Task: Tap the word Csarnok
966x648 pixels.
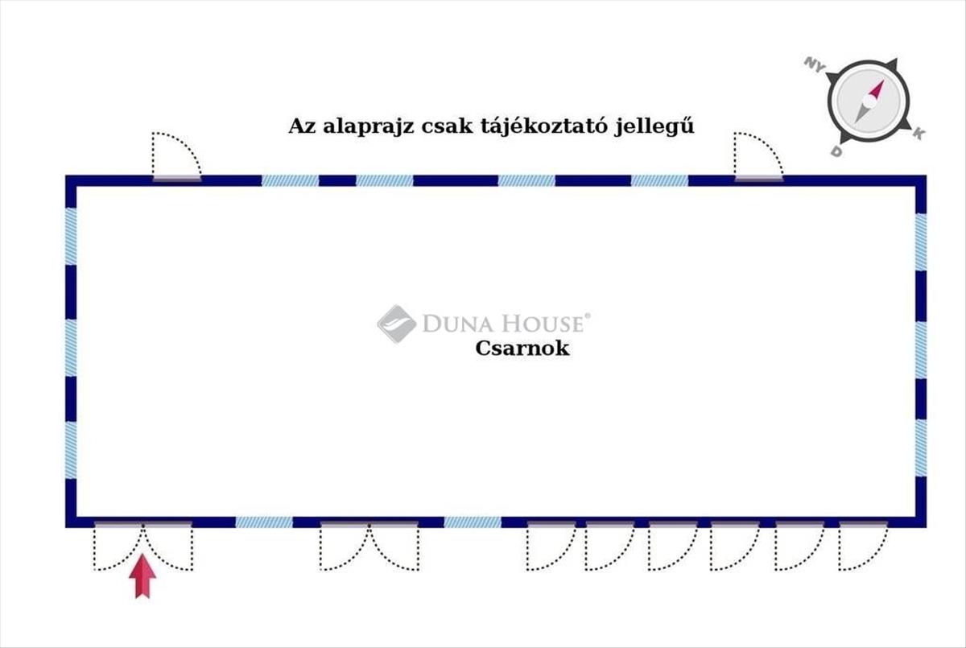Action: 522,349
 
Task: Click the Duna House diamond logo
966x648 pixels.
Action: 397,324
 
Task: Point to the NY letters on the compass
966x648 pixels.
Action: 815,65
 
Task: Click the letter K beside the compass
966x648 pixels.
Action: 919,134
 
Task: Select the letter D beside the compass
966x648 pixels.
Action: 836,152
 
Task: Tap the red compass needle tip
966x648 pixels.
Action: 883,80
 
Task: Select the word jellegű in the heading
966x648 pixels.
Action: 654,126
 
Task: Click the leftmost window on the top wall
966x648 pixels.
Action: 291,180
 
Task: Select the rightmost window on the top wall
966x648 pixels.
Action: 660,180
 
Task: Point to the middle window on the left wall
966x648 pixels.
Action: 71,348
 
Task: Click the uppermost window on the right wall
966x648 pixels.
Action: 921,241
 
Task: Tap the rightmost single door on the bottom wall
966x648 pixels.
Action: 863,546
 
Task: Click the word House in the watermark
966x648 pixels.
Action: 545,324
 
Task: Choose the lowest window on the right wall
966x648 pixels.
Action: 921,448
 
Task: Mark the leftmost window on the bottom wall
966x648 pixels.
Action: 264,522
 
